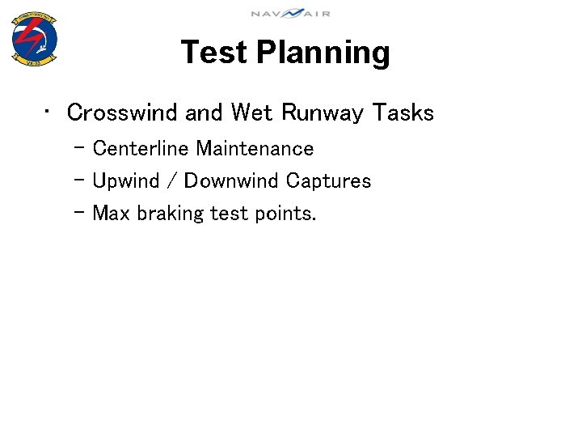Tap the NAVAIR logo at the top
pos(290,13)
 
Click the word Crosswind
pos(123,112)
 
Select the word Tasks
pos(403,112)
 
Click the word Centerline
pos(141,149)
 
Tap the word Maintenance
pos(255,149)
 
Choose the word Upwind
pos(127,181)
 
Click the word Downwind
pos(231,181)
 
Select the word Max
pos(112,214)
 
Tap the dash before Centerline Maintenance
pos(78,148)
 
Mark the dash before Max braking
pos(78,213)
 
